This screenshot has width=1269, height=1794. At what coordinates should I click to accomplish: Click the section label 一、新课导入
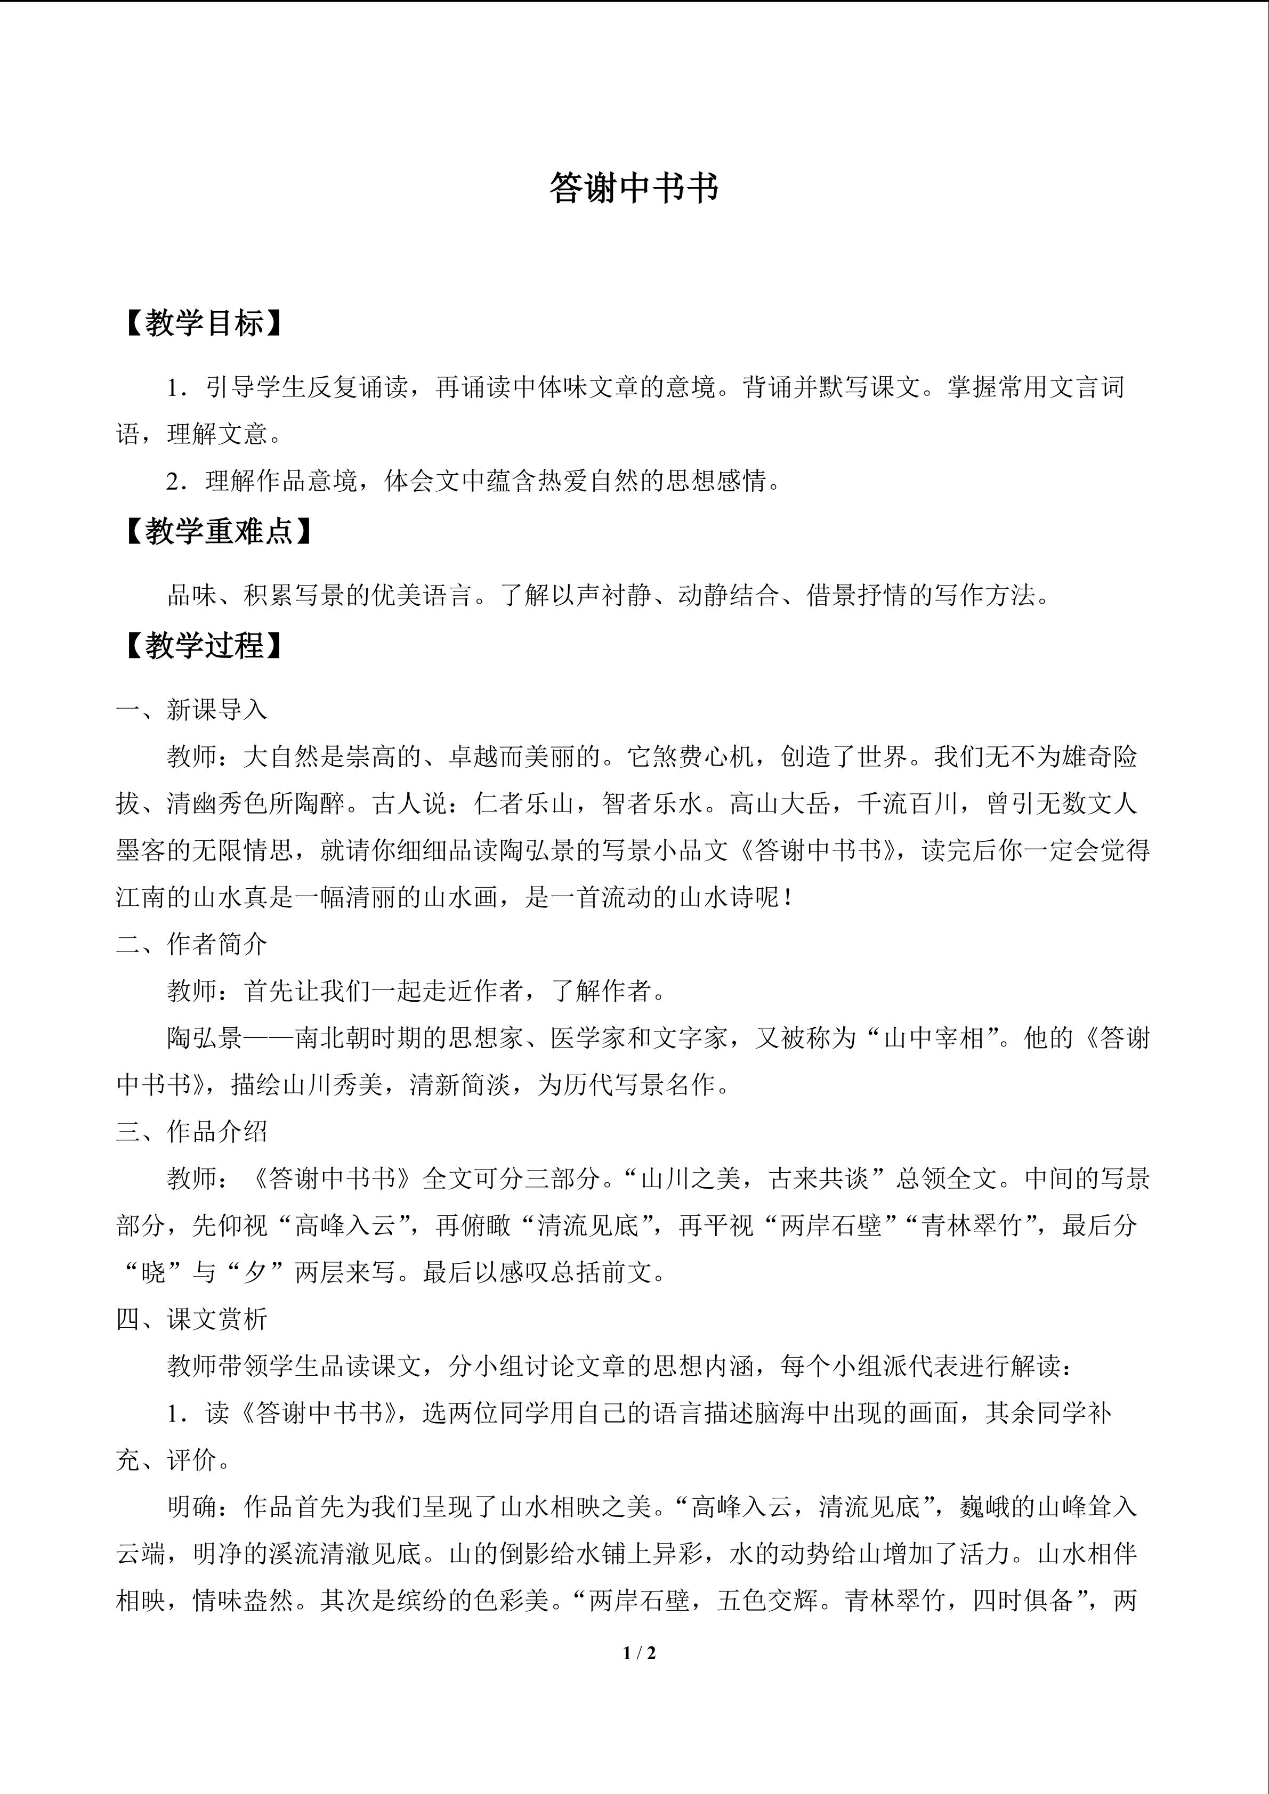point(191,710)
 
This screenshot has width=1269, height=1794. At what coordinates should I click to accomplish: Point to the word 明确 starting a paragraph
point(192,1507)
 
